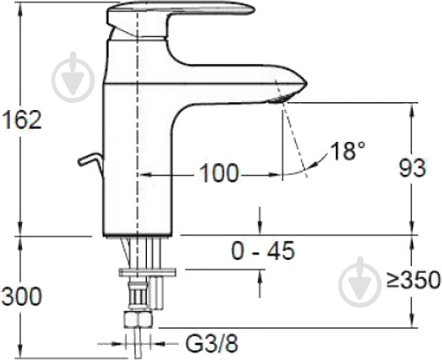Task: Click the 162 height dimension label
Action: coord(21,120)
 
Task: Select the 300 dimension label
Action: coord(21,296)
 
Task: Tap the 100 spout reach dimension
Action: coord(219,173)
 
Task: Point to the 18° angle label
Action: coord(348,151)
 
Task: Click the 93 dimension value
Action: coord(413,168)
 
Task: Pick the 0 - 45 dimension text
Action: coord(263,251)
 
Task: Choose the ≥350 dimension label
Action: coord(414,279)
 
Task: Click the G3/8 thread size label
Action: coord(212,343)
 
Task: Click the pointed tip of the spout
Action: coord(307,83)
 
